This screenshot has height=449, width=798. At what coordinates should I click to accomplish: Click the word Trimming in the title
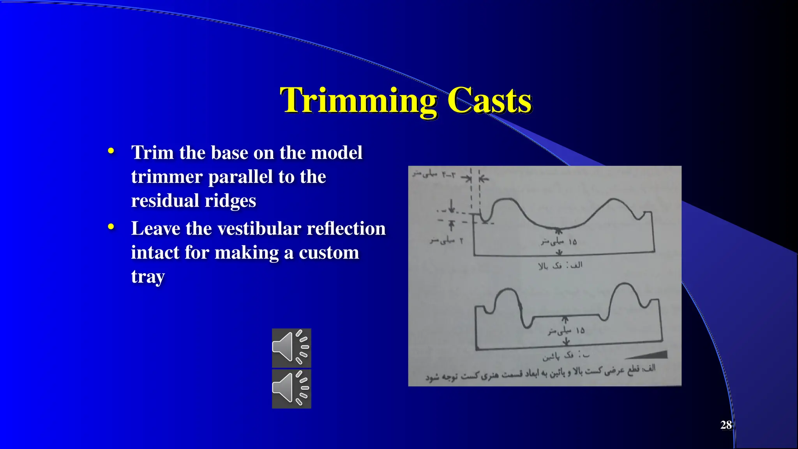tap(358, 101)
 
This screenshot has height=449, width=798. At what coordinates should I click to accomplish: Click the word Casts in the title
tap(489, 101)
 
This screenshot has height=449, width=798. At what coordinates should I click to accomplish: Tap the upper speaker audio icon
tap(291, 348)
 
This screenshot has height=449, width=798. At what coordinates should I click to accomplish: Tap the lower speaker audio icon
tap(291, 389)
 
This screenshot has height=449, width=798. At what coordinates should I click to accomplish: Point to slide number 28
tap(726, 425)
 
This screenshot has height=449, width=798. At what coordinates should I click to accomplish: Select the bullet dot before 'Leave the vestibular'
tap(111, 226)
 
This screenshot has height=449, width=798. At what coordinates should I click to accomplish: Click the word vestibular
tap(259, 228)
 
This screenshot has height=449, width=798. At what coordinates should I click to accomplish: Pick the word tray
tap(148, 277)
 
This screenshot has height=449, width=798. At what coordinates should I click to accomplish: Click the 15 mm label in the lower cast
tap(566, 331)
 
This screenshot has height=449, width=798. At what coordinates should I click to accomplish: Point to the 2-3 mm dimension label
tap(434, 174)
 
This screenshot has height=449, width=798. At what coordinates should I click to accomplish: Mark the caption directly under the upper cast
tap(560, 265)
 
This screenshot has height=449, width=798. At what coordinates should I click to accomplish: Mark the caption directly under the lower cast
tap(566, 355)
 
